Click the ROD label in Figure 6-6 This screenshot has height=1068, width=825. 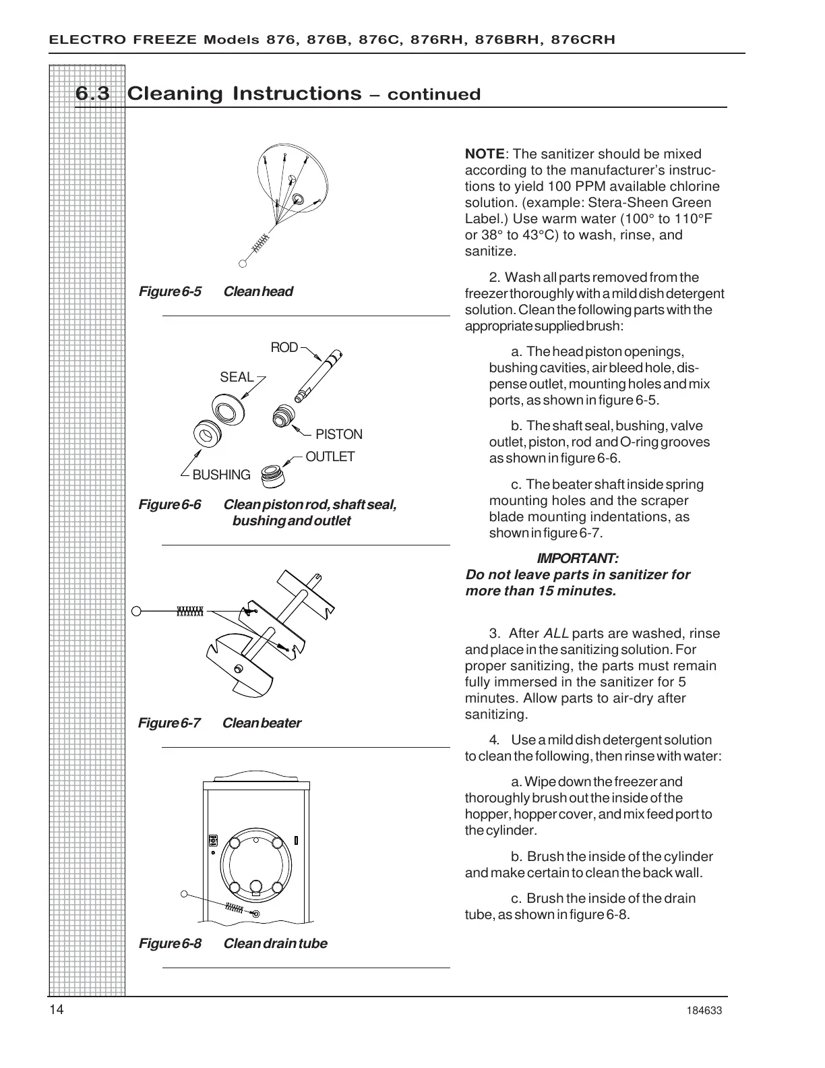coord(284,348)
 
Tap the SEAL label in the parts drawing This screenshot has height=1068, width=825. coord(237,377)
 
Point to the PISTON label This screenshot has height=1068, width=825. coord(338,435)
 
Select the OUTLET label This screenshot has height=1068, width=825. coord(330,457)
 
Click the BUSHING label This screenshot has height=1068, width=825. coord(221,475)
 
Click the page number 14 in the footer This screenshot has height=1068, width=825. coord(56,1009)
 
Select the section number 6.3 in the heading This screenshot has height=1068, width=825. coord(92,94)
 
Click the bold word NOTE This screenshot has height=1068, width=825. coord(484,154)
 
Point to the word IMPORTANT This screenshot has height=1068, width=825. coord(577,559)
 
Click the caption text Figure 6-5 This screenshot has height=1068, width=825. coord(170,292)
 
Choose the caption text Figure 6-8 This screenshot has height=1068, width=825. coord(170,944)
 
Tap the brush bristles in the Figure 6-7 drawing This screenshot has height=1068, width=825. coord(189,612)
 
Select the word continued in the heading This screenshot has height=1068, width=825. coord(434,95)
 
